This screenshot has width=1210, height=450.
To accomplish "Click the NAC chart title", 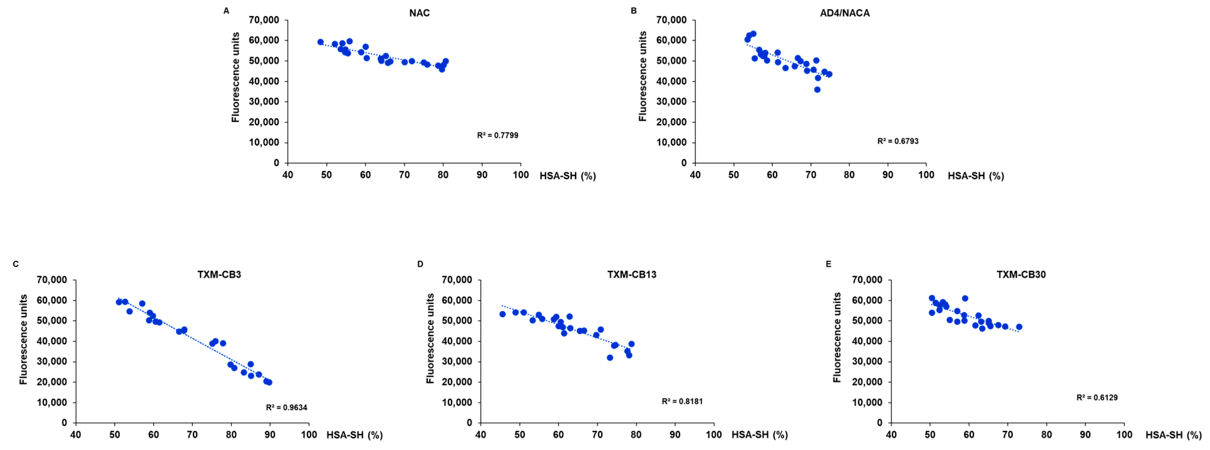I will pyautogui.click(x=419, y=13).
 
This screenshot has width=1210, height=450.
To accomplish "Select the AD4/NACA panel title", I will pyautogui.click(x=844, y=13).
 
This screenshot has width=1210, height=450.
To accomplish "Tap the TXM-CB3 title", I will pyautogui.click(x=219, y=274).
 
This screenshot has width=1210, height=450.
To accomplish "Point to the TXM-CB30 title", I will pyautogui.click(x=1021, y=274).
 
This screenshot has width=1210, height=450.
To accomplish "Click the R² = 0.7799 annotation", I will pyautogui.click(x=497, y=135).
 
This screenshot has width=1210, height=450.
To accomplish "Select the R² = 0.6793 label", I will pyautogui.click(x=897, y=141).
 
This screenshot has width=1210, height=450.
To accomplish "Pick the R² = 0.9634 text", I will pyautogui.click(x=286, y=407).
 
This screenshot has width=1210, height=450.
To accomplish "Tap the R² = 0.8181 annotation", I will pyautogui.click(x=682, y=401).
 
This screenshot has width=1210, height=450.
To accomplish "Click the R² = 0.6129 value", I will pyautogui.click(x=1097, y=397).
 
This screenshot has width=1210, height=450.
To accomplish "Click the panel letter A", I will pyautogui.click(x=226, y=11).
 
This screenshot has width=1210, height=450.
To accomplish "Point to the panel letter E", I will pyautogui.click(x=828, y=264).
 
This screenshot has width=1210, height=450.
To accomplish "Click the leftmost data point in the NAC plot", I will pyautogui.click(x=320, y=42).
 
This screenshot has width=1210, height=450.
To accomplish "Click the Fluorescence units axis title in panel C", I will pyautogui.click(x=23, y=339).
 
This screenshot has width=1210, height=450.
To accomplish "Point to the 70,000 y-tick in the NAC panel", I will pyautogui.click(x=264, y=20).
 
